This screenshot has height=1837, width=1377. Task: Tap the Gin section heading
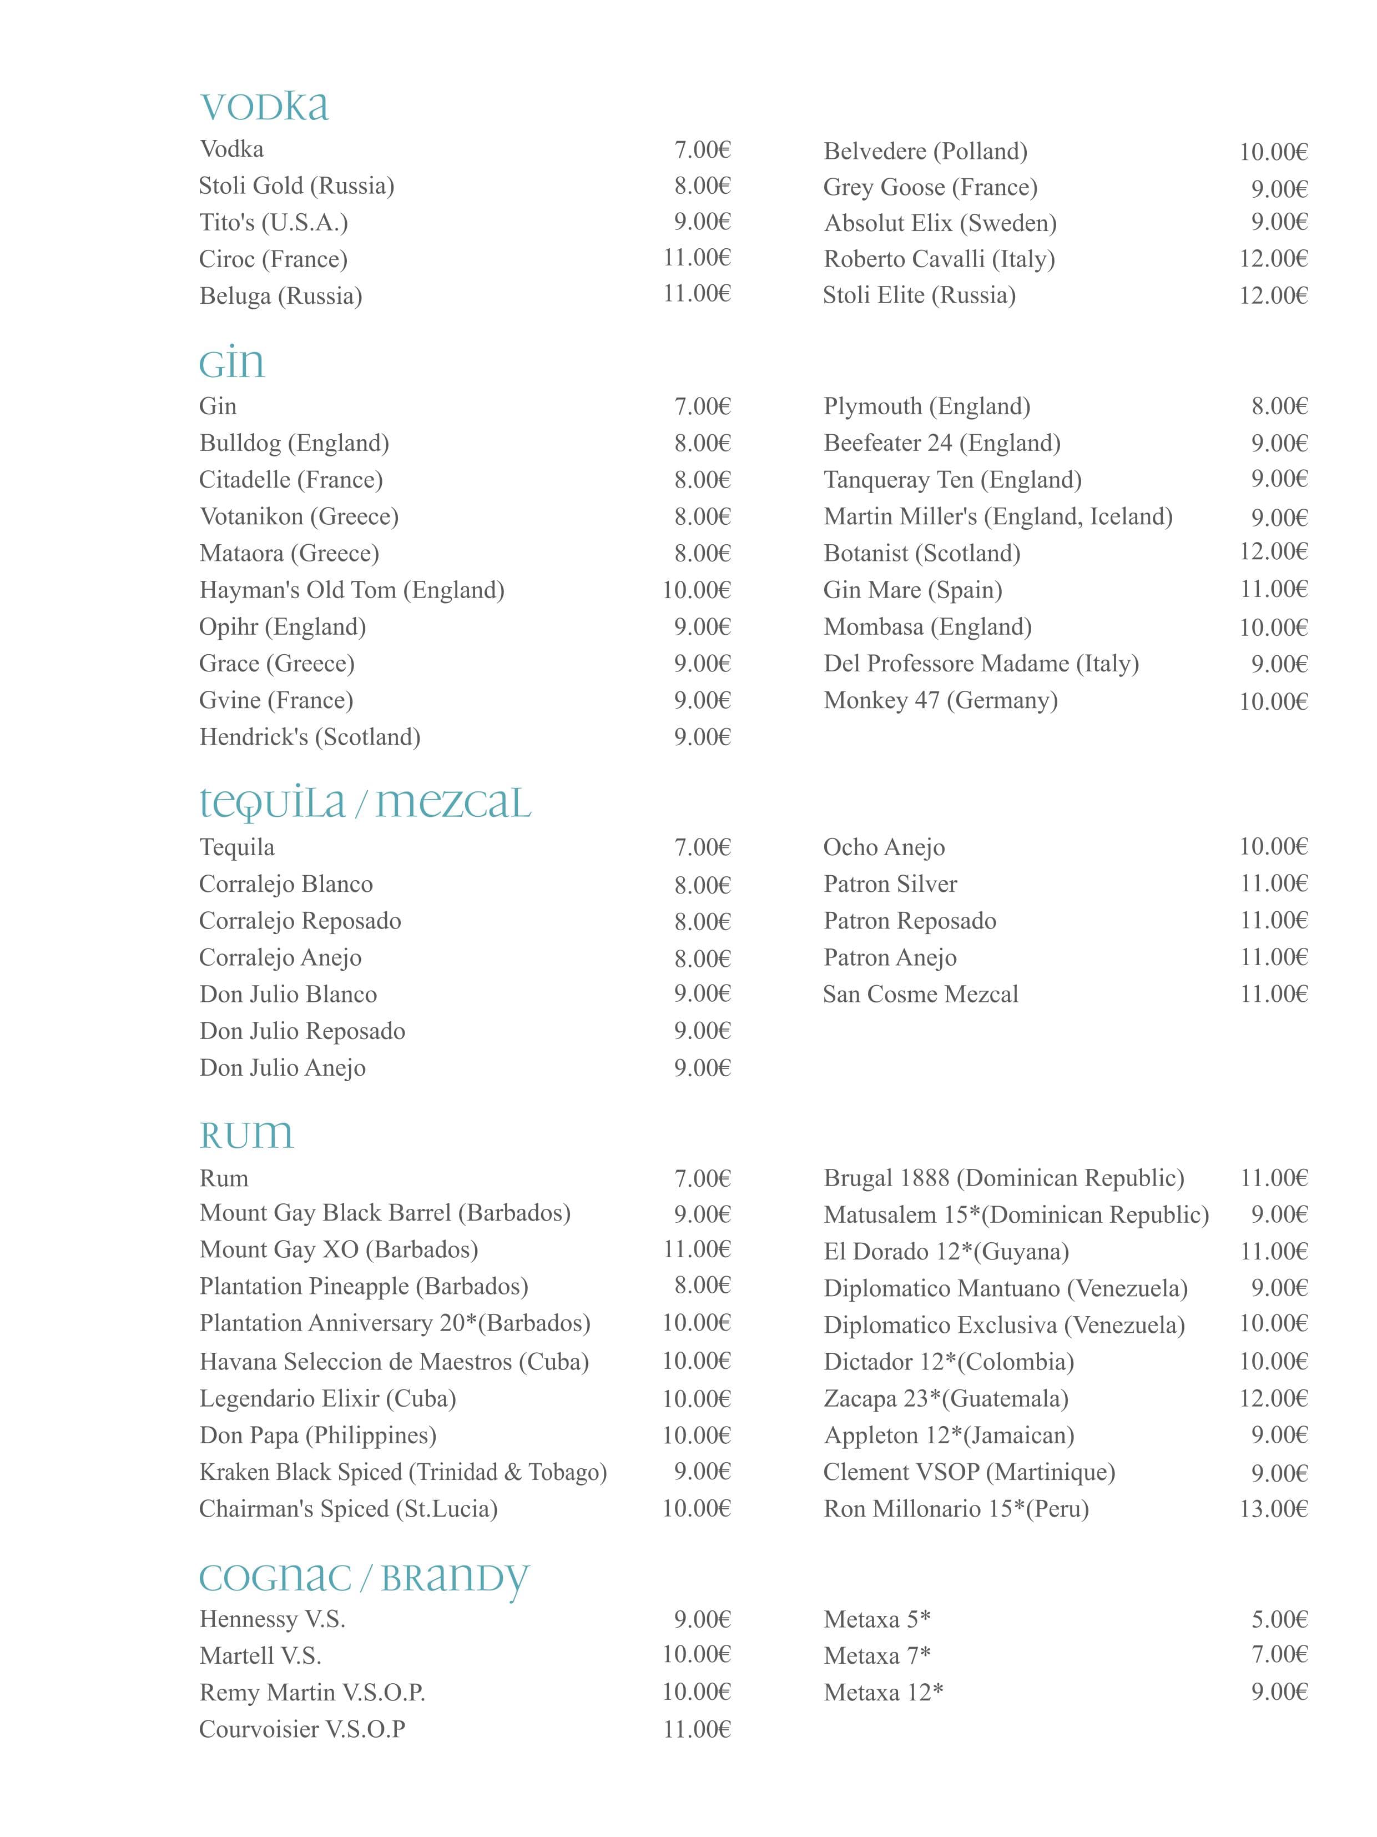click(231, 363)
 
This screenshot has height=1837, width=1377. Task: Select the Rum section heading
click(246, 1135)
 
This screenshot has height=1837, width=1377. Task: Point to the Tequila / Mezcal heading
click(365, 803)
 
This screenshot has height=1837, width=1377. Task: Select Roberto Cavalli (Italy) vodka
click(939, 259)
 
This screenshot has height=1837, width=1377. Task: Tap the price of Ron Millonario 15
click(1273, 1509)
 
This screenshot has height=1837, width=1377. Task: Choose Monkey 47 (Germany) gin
click(940, 700)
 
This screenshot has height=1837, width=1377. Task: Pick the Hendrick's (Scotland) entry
click(310, 736)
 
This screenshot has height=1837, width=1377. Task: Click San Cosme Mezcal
click(920, 994)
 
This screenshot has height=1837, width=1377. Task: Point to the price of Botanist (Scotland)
click(1273, 552)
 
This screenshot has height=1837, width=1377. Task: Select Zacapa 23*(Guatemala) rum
click(945, 1398)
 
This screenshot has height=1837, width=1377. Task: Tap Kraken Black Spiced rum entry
click(402, 1472)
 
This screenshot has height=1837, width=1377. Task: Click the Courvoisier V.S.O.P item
click(302, 1729)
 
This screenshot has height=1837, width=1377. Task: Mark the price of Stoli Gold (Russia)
click(702, 186)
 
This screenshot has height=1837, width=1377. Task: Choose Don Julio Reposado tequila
click(302, 1031)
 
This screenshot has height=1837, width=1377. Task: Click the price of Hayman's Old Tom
click(695, 590)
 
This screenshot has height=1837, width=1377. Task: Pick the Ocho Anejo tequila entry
click(883, 847)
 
